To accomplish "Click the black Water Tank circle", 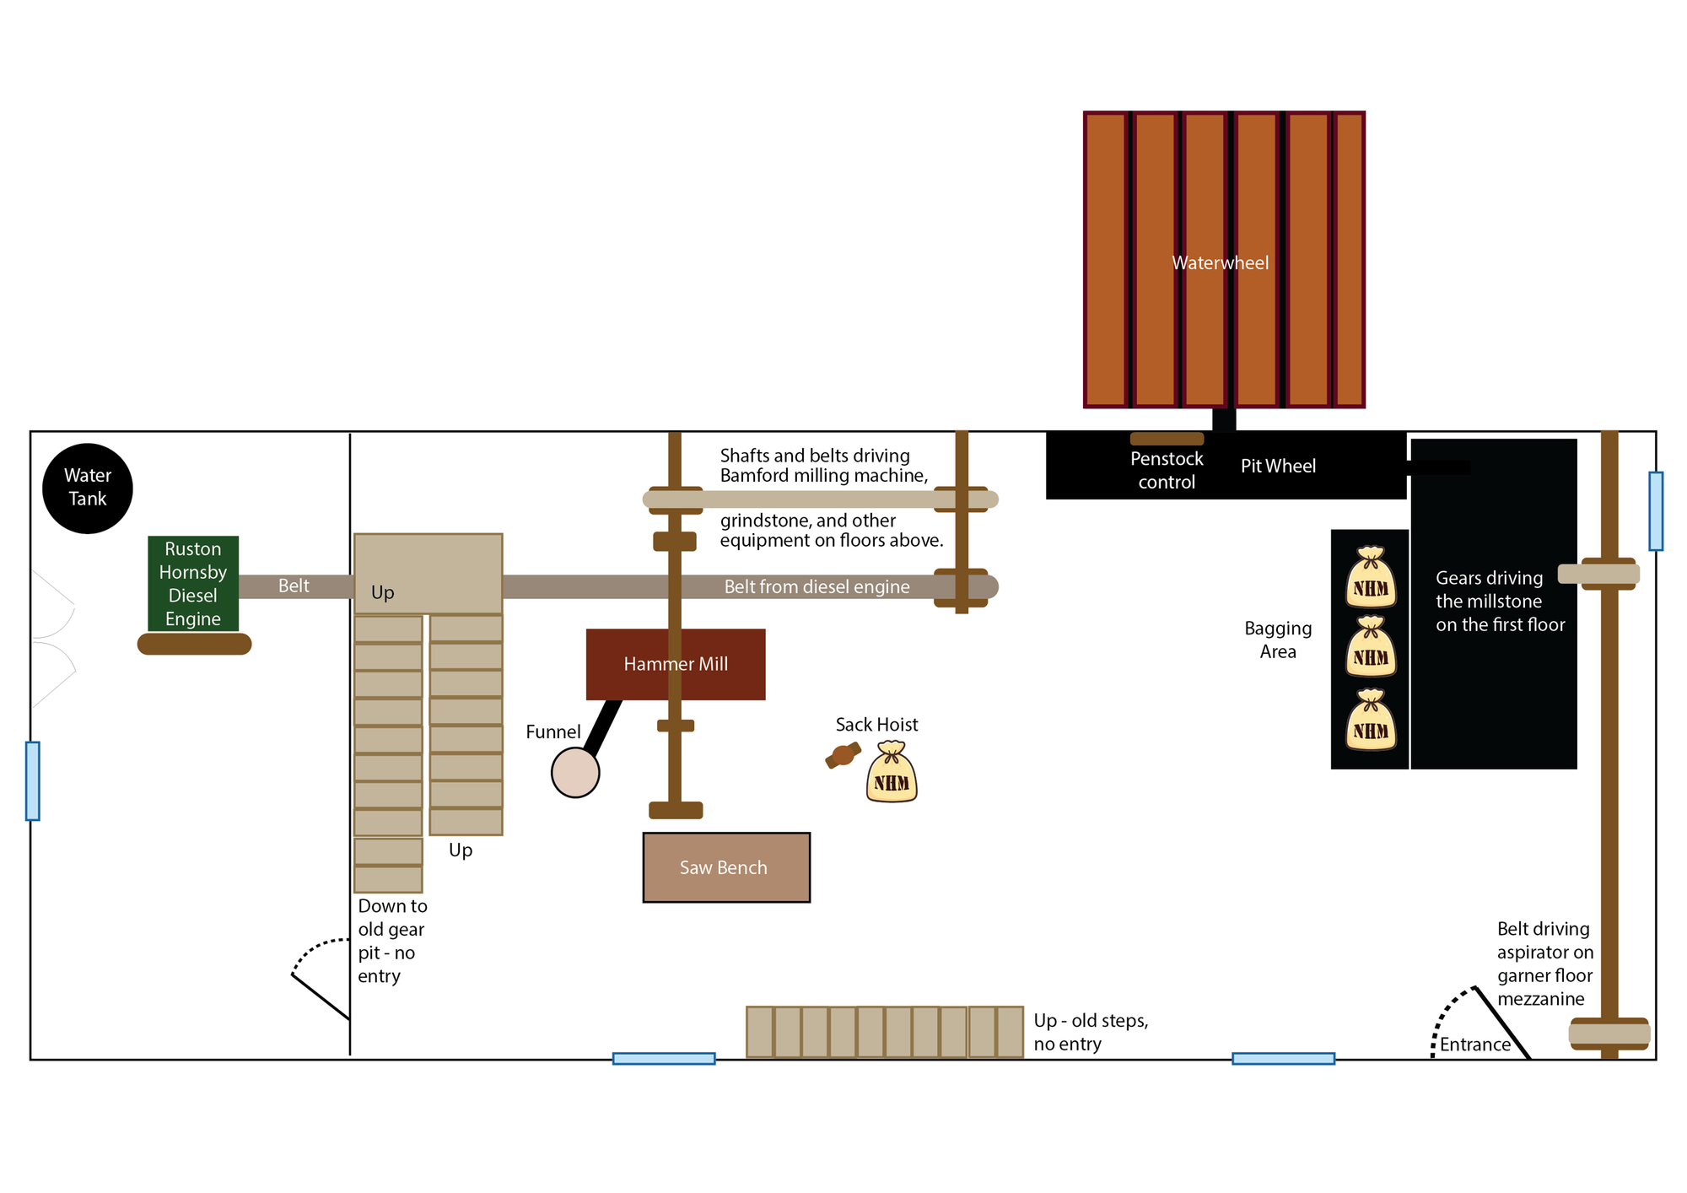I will [88, 488].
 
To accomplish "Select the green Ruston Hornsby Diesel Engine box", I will [193, 583].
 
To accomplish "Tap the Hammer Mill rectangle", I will [676, 664].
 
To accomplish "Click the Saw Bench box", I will [725, 867].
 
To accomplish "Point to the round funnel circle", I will [575, 772].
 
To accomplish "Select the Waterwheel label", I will [1220, 263].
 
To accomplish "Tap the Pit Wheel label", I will [1278, 466].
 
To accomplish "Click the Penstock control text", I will [1167, 471].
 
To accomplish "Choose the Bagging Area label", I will [1278, 640].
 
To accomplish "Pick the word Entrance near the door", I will [1474, 1045].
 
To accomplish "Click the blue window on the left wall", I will [33, 780].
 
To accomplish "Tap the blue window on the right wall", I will [1656, 510].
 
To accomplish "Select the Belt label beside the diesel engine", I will [294, 586].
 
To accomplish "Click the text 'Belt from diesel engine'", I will [817, 586].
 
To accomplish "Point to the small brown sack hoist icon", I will [843, 755].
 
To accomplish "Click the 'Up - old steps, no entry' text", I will [1091, 1032].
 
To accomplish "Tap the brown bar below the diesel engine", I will [194, 644].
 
